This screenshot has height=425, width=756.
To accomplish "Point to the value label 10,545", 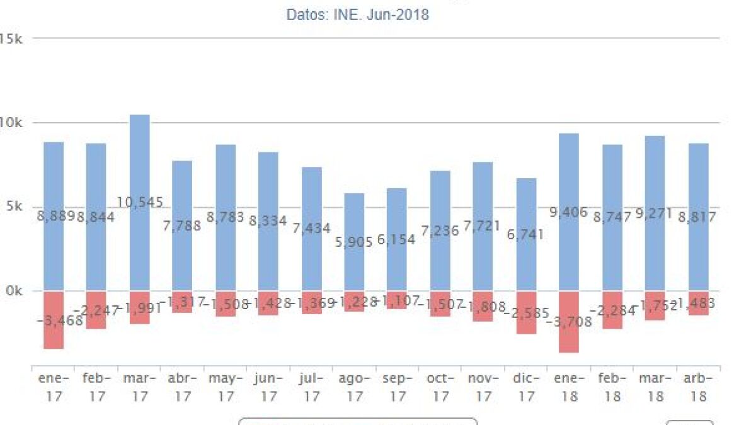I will pyautogui.click(x=139, y=203).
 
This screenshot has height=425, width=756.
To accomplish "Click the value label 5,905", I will pyautogui.click(x=354, y=242).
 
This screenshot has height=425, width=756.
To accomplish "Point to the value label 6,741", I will pyautogui.click(x=526, y=234).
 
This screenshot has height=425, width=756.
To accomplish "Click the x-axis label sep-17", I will pyautogui.click(x=397, y=387).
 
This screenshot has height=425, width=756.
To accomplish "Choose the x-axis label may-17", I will pyautogui.click(x=225, y=387).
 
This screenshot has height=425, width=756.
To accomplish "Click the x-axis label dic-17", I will pyautogui.click(x=526, y=387).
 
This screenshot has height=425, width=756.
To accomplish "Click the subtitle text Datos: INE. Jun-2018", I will pyautogui.click(x=357, y=14).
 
